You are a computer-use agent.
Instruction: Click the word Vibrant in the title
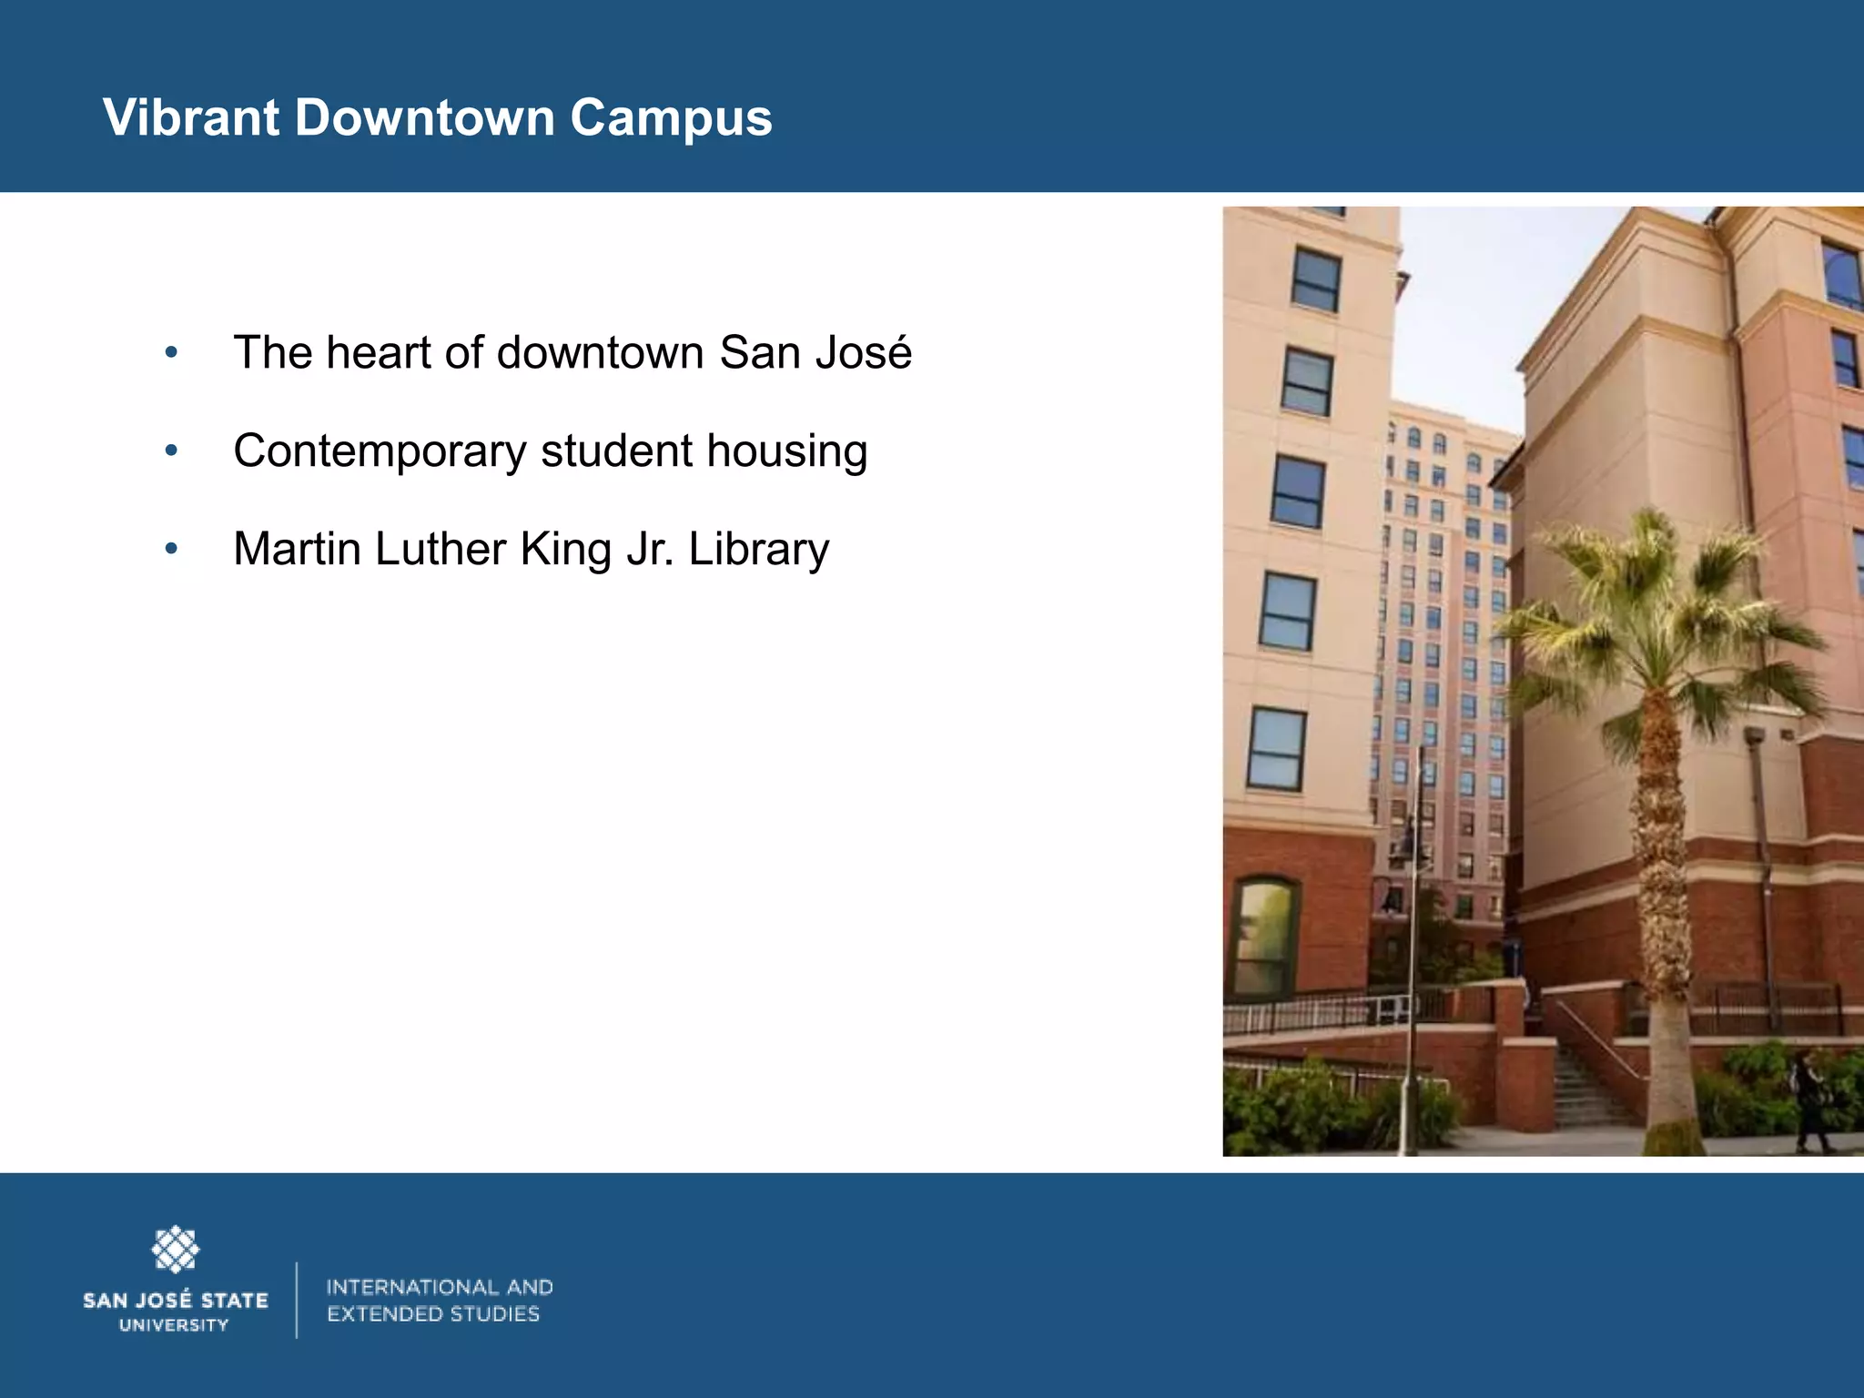(191, 117)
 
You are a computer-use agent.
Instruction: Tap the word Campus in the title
(671, 119)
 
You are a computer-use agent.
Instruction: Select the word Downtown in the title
(424, 117)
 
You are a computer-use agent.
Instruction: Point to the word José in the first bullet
(864, 352)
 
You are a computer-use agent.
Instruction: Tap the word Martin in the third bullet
(297, 549)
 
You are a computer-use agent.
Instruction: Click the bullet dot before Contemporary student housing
(171, 451)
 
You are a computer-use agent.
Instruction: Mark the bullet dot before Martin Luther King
(171, 549)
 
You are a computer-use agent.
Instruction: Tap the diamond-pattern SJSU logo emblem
(175, 1250)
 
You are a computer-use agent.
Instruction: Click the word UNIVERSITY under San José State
(174, 1325)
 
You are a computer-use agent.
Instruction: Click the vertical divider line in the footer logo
(297, 1300)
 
